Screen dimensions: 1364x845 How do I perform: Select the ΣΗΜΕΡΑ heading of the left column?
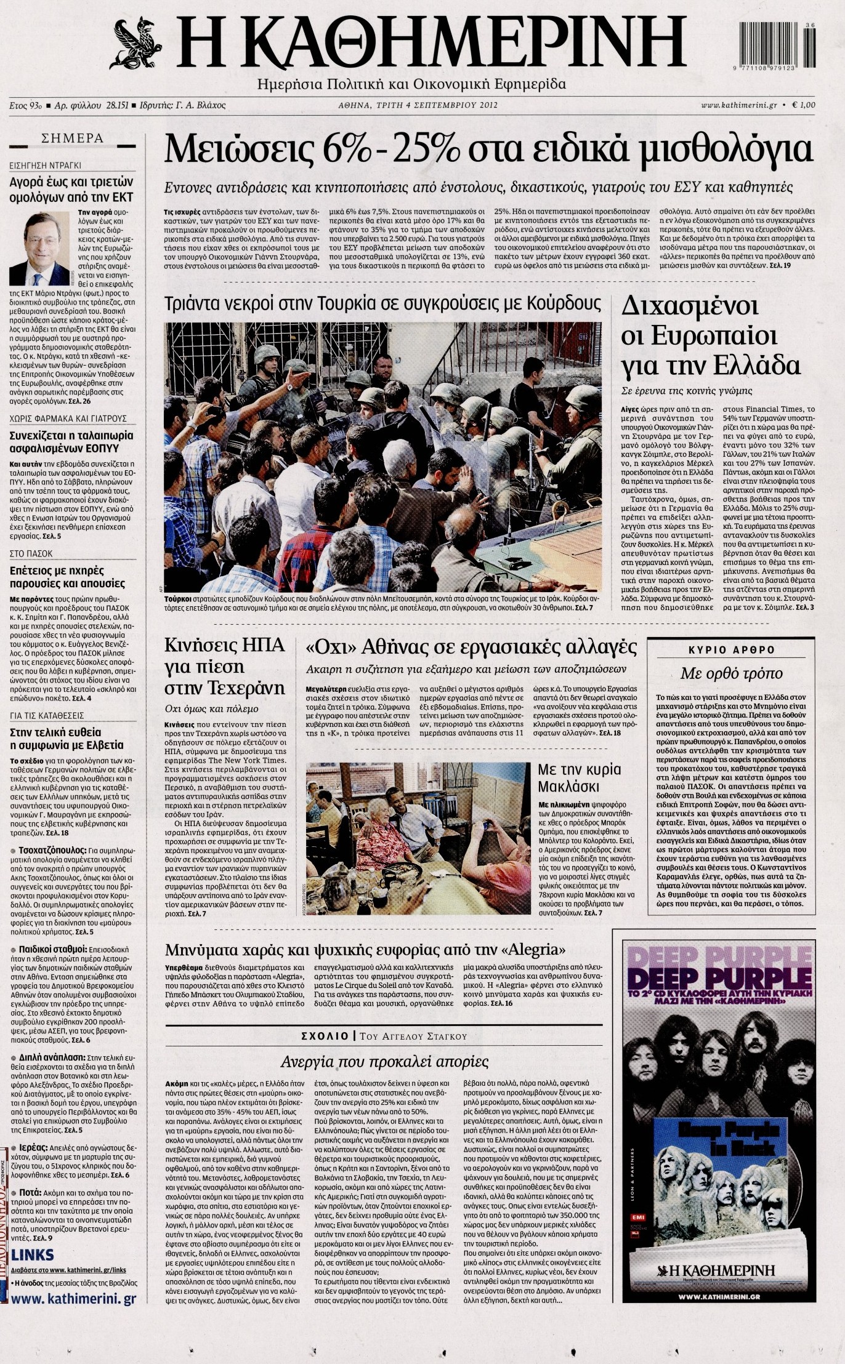click(72, 139)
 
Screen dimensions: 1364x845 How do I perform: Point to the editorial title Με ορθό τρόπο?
click(731, 673)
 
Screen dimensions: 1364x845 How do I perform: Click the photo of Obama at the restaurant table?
click(419, 838)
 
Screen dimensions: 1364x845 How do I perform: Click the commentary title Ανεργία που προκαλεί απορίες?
click(384, 1062)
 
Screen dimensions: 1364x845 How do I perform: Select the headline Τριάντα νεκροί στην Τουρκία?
click(382, 305)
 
